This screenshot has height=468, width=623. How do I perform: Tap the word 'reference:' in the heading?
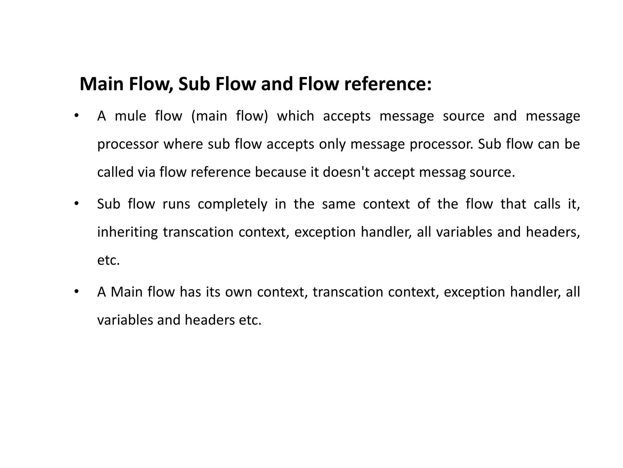388,84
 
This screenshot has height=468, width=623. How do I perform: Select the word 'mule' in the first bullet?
130,116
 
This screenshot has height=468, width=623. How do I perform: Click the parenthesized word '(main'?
209,116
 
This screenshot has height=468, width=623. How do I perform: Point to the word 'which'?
295,116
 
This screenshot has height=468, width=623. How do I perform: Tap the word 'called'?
115,172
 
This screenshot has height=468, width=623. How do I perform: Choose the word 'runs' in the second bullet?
176,204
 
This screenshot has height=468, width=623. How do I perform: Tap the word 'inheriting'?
127,232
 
